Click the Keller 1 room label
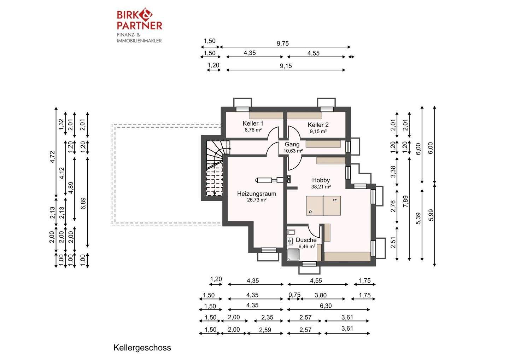(253, 124)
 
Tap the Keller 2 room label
(318, 125)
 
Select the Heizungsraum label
(257, 194)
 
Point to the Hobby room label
(321, 180)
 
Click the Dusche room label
(306, 240)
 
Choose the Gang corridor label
(292, 145)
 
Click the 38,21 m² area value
(321, 187)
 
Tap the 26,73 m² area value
(257, 200)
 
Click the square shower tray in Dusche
(293, 255)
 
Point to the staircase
(215, 168)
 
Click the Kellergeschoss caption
(142, 348)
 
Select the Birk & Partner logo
(139, 25)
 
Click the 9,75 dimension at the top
(283, 43)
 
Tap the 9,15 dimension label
(286, 66)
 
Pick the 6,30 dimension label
(326, 306)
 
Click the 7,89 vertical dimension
(406, 201)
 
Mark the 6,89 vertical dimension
(83, 203)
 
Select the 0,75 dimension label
(294, 295)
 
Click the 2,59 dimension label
(265, 330)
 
